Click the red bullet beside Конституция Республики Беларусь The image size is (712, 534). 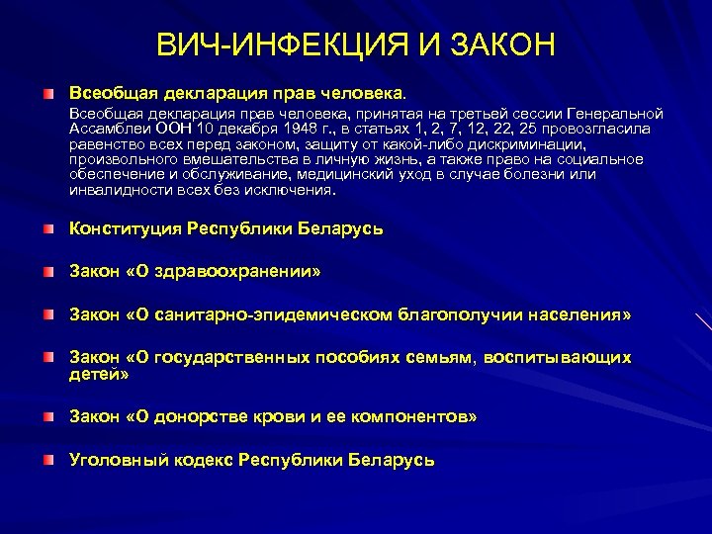(48, 229)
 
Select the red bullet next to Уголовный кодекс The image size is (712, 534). (48, 461)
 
